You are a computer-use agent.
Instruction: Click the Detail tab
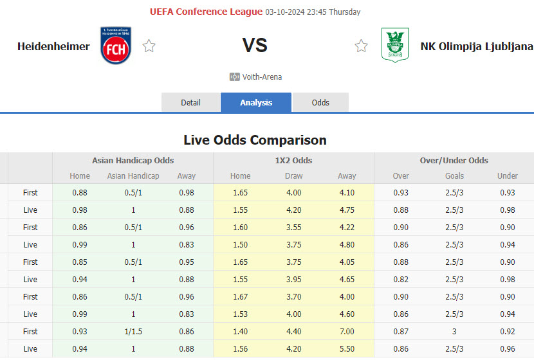point(190,103)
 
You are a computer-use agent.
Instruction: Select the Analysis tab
point(256,103)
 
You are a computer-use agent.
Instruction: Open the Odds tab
point(320,103)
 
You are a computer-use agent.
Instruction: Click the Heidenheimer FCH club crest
point(116,46)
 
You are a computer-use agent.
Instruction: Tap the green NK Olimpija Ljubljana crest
point(395,45)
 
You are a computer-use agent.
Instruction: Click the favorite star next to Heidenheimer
point(149,46)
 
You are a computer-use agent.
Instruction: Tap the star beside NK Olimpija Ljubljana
point(362,46)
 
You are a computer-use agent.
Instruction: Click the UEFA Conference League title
point(206,12)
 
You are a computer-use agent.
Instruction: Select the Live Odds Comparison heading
point(255,140)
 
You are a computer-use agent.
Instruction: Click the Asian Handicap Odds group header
point(133,161)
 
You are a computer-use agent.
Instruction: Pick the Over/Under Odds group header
point(454,161)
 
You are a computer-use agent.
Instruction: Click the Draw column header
point(293,176)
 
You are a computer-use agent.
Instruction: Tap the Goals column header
point(454,176)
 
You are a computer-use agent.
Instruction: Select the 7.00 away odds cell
point(347,332)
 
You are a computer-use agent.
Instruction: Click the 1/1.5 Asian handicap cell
point(133,332)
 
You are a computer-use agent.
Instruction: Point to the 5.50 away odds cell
point(347,349)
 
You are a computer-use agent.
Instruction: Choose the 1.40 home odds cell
point(241,332)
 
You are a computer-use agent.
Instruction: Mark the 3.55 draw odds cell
point(293,228)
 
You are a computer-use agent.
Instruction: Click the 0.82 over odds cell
point(401,280)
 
